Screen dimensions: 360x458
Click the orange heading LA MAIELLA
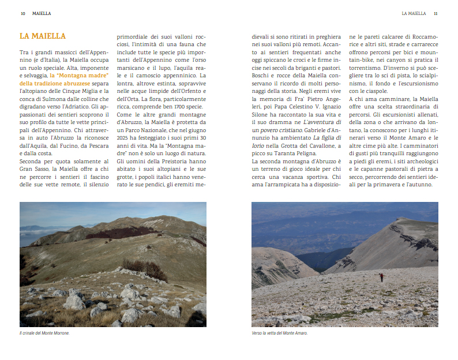[43, 36]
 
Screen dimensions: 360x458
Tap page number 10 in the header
[22, 13]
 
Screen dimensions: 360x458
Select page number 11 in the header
[436, 13]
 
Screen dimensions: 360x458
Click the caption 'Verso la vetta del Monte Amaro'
[280, 333]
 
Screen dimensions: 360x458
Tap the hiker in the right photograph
[381, 277]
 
